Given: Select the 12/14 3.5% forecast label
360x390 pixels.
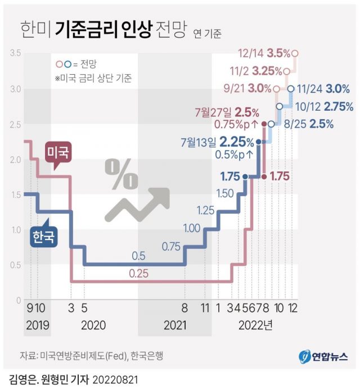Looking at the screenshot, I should click(264, 53).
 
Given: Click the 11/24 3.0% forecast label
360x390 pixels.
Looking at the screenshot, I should click(323, 88).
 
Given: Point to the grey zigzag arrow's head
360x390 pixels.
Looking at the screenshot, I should click(161, 194).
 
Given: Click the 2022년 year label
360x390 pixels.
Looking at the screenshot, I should click(256, 325).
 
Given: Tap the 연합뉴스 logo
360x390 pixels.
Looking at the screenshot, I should click(323, 356).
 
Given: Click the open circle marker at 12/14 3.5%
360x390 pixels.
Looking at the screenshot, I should click(295, 53).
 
